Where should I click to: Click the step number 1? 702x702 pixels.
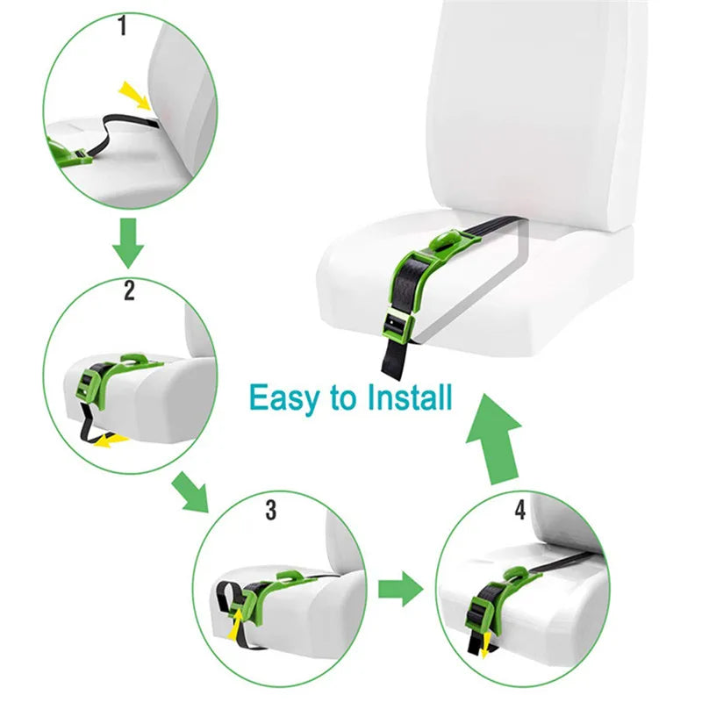coord(122,26)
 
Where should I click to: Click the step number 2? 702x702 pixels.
coord(129,290)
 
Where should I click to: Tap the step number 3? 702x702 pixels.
coord(270,509)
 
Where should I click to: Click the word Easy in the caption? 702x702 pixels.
coord(286,397)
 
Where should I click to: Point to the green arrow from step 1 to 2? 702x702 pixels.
coord(129,244)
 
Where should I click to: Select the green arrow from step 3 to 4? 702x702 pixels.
coord(400,588)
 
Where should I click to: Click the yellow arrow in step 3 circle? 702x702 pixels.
coord(236,624)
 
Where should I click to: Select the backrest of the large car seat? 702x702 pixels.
coord(535,114)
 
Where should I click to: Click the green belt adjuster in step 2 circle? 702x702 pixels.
coord(92,383)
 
